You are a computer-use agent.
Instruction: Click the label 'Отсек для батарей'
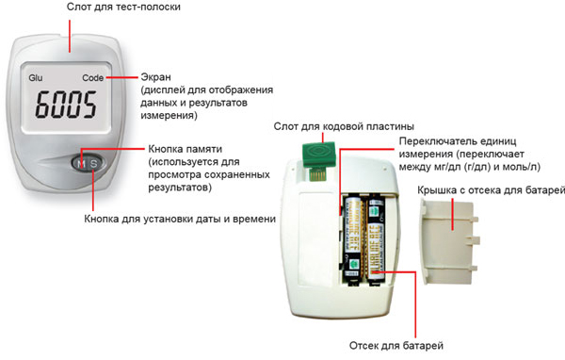click(395, 345)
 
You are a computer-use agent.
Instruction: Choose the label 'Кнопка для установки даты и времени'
click(178, 220)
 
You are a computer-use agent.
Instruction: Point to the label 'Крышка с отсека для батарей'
click(489, 193)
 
